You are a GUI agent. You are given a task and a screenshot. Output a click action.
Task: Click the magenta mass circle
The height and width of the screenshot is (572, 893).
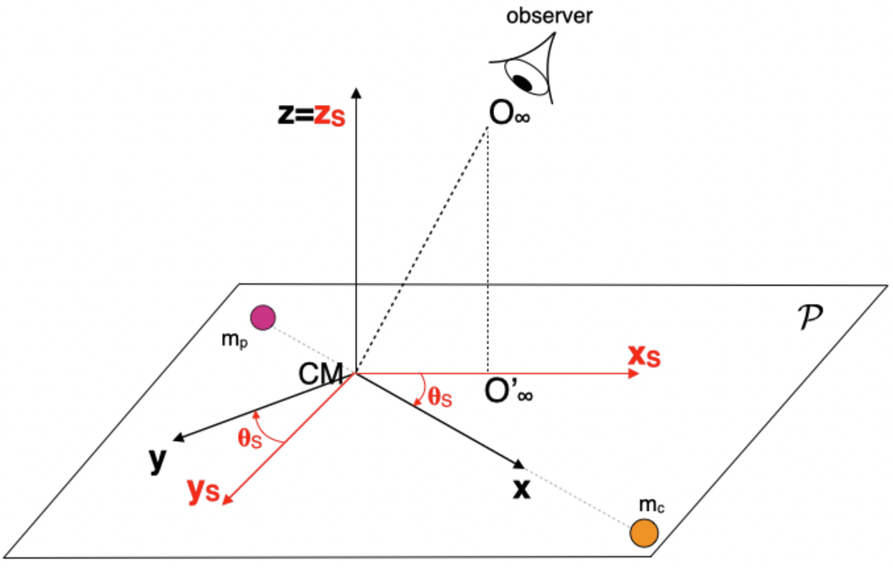point(263,317)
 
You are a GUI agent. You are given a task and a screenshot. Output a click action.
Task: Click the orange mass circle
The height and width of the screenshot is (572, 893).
point(644,533)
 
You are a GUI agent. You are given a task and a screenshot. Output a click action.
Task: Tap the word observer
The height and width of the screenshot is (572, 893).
point(549,16)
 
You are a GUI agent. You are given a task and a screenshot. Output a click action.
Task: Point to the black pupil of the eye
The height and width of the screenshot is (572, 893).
point(522,83)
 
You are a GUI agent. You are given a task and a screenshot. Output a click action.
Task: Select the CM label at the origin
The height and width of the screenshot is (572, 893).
point(321,374)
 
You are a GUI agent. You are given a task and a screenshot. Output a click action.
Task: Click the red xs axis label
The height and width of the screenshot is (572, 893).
point(644,355)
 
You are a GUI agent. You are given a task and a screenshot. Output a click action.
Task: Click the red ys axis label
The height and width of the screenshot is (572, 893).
point(203,491)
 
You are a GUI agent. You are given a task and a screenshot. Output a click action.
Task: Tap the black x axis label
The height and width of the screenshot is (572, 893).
point(522,489)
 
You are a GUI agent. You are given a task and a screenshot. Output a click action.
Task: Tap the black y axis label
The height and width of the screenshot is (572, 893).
point(157,461)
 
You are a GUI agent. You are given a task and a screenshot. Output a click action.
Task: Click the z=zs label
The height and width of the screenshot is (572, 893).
point(311,115)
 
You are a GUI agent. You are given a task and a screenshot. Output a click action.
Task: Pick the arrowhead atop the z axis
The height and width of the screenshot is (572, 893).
point(356,92)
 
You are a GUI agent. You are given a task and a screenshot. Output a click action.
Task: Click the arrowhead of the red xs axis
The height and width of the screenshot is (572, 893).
point(633,373)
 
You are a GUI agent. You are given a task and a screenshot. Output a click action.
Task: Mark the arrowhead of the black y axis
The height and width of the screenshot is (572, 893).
point(178,438)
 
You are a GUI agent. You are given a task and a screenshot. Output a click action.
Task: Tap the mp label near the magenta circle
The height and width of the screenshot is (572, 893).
point(234,340)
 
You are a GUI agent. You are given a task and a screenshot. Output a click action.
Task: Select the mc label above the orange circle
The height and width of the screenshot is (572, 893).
point(651,504)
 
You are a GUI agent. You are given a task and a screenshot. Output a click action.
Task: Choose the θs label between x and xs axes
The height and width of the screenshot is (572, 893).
point(440,397)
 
